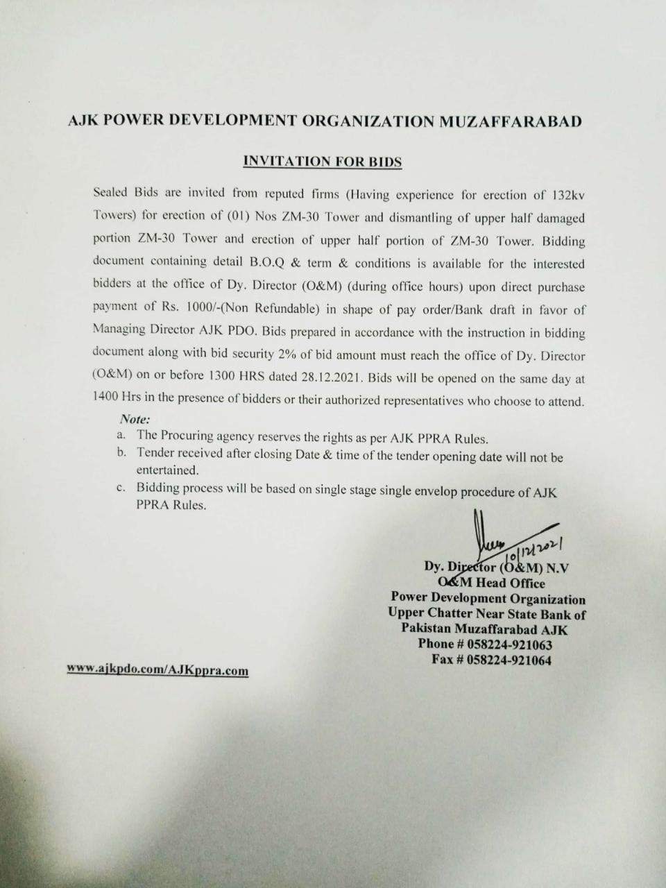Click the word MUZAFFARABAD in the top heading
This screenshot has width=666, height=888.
coord(511,121)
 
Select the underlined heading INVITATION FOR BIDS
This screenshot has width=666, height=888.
coord(323,162)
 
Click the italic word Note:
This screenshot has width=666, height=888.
coord(135,420)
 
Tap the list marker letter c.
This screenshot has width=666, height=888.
coord(121,488)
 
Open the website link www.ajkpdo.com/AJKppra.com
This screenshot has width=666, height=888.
coord(157,671)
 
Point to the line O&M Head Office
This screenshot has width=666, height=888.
coord(491,583)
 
